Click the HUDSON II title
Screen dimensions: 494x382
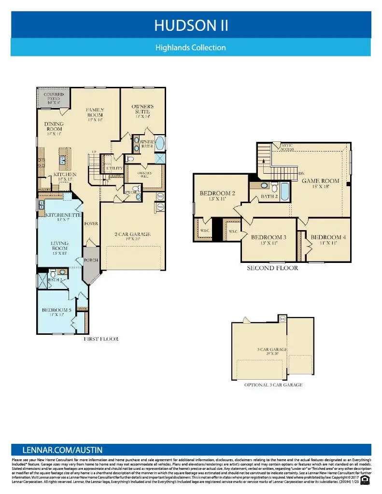coord(191,26)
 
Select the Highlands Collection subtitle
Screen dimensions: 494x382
coord(191,48)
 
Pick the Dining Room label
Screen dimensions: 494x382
coord(54,129)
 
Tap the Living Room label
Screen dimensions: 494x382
coord(59,246)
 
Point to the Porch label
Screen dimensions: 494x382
coord(91,260)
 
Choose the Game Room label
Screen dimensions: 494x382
coord(321,183)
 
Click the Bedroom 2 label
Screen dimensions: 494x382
coord(217,196)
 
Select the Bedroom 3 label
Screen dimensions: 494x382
coord(269,240)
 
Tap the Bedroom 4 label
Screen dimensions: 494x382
coord(328,240)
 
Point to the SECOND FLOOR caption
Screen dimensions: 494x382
coord(272,268)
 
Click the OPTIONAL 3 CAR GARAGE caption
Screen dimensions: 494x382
coord(273,385)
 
